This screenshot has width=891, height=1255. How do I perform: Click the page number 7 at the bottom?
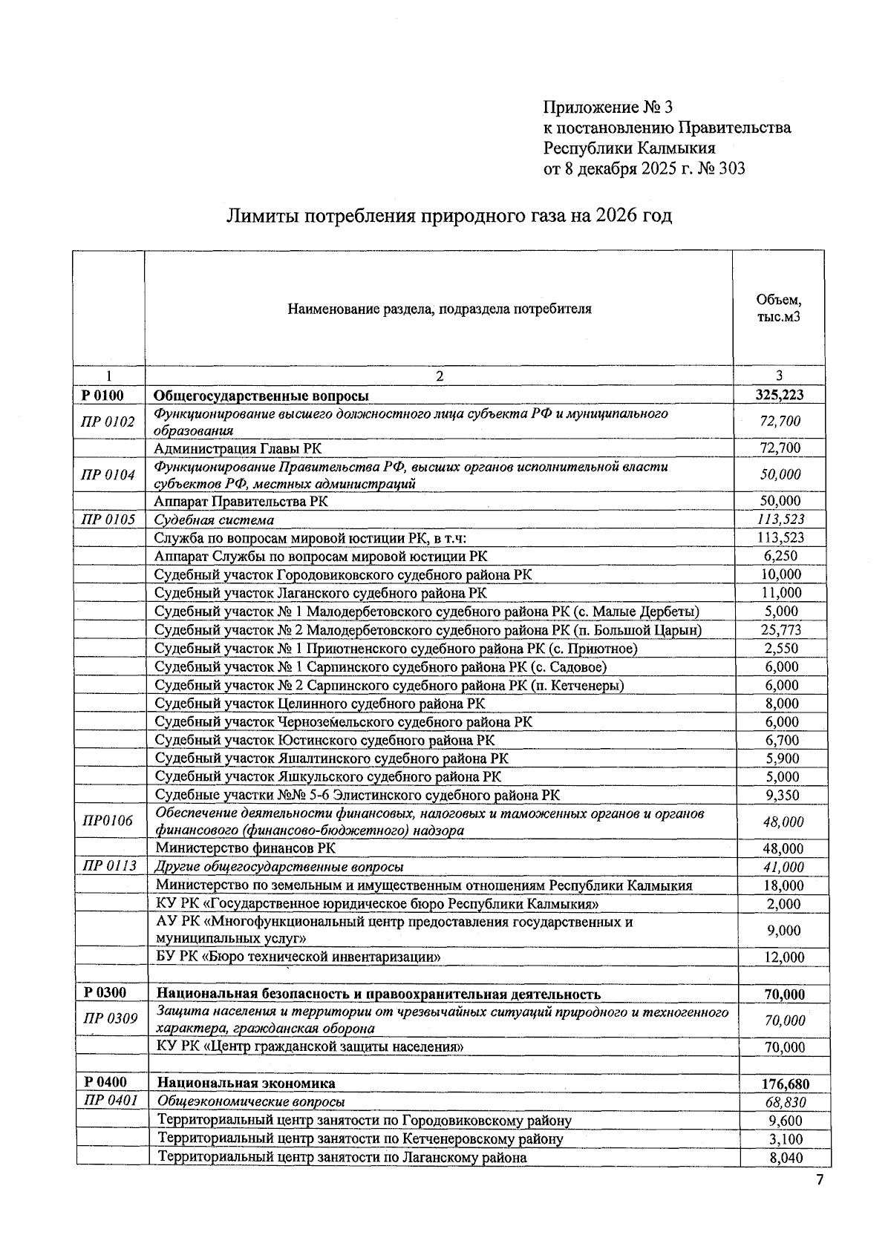coord(820,1181)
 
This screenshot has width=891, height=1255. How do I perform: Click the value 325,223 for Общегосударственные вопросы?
coord(779,396)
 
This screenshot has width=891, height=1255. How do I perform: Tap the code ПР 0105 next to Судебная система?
coord(108,520)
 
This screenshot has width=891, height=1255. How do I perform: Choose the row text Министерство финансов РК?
coord(245,848)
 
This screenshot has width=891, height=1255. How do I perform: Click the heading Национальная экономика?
coord(246,1084)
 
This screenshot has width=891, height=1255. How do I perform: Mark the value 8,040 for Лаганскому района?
coord(785,1158)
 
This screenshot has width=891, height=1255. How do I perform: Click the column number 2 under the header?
coord(439,376)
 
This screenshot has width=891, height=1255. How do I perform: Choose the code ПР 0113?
coord(109,865)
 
